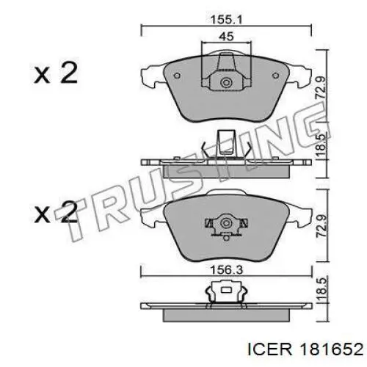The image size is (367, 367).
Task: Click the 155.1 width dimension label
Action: [226, 19]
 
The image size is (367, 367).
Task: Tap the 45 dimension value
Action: [226, 37]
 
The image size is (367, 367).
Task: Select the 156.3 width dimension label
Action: [227, 270]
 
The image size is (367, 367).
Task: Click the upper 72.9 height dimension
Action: [321, 87]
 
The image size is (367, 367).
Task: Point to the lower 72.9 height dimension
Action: [321, 226]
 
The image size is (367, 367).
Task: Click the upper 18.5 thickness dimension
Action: [321, 146]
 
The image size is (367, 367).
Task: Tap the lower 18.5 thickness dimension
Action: [321, 290]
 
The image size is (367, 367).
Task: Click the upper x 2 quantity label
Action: [56, 73]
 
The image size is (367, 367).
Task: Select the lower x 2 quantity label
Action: [56, 212]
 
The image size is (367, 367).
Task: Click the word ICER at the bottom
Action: [270, 349]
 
